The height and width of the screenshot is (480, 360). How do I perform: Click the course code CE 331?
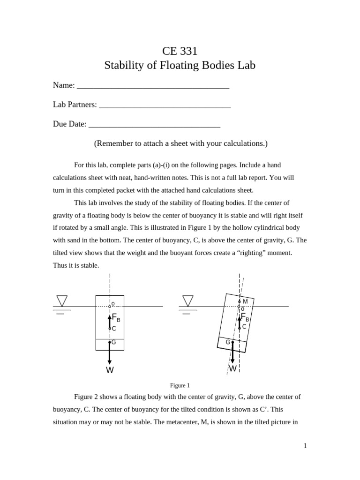pos(180,51)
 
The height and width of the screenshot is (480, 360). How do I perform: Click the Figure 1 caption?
pos(180,385)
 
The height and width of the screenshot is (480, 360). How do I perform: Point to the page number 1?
pos(305,446)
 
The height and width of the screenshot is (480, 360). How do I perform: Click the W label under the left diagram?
pos(110,370)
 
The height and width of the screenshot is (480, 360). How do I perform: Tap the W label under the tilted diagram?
pos(232,368)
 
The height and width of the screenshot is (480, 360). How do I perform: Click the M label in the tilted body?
pos(245,301)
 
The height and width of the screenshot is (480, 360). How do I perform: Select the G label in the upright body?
pos(113,343)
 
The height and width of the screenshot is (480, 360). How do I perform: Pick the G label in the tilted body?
pos(228,342)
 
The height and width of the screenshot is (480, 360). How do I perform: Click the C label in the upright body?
pos(114,329)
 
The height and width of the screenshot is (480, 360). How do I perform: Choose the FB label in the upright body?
pos(116,318)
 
